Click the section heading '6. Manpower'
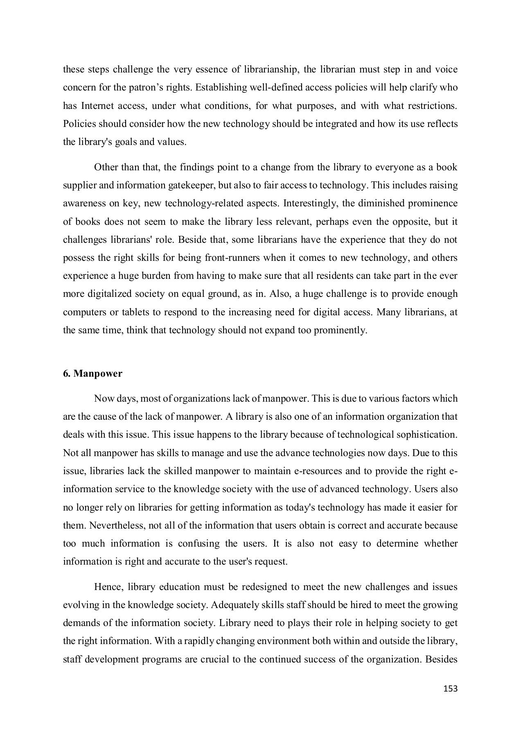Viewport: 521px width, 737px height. [92, 374]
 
